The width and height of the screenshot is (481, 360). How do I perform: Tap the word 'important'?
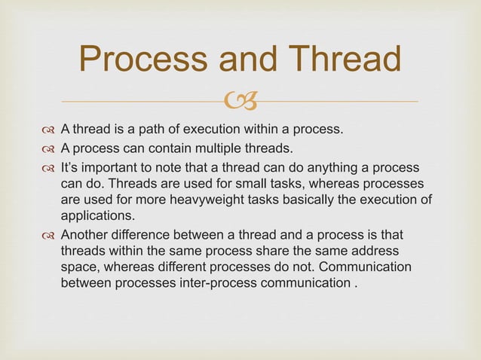[112, 166]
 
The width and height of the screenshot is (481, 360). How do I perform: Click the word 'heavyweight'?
[197, 199]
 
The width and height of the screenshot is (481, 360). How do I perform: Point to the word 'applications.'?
[94, 215]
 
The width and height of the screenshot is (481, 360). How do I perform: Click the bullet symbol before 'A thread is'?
[49, 130]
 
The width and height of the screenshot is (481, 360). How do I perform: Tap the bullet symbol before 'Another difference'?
[49, 234]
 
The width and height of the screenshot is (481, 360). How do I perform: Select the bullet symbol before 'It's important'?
[49, 166]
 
